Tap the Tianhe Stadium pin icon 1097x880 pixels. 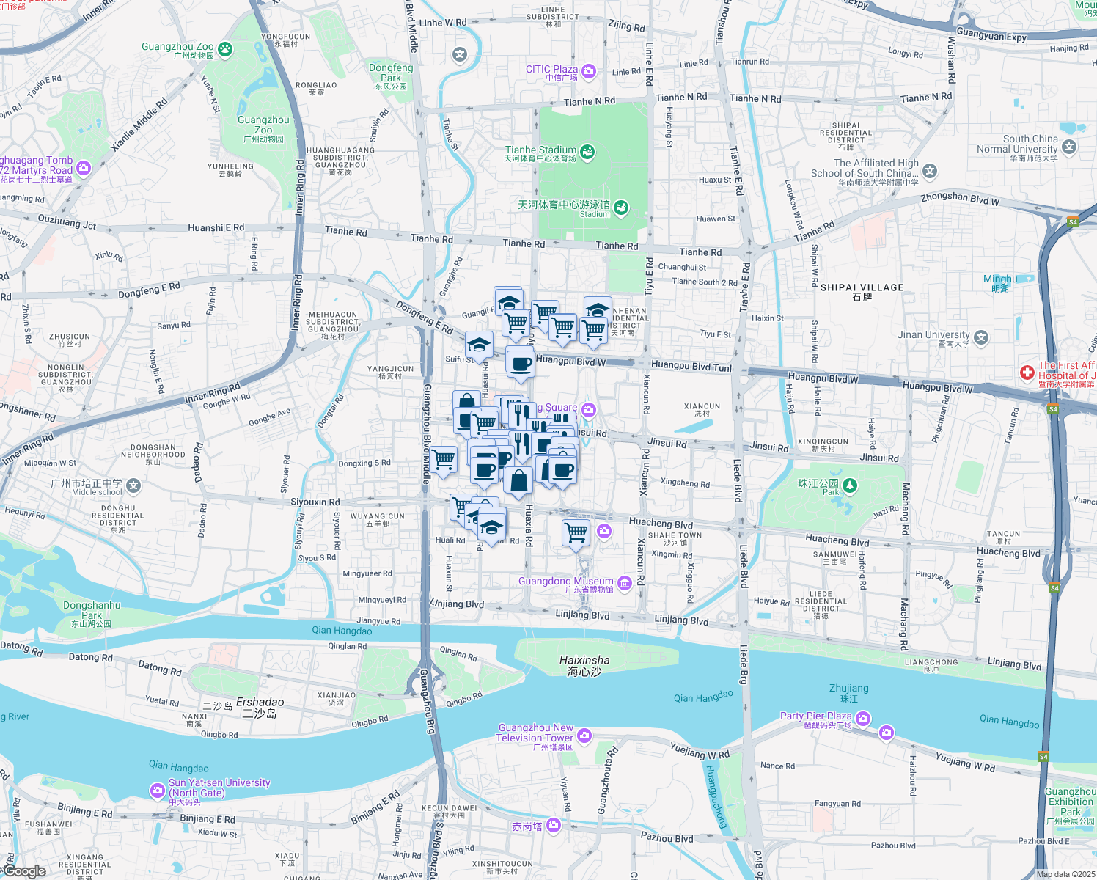click(587, 152)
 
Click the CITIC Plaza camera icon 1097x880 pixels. click(588, 71)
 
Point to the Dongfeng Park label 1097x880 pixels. click(391, 73)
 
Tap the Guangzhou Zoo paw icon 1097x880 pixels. click(225, 49)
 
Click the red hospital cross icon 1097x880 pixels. click(1027, 373)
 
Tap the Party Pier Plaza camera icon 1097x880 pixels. click(863, 718)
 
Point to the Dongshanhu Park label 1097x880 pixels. click(92, 610)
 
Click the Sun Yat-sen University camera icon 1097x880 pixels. click(157, 790)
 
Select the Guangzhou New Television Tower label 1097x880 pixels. click(535, 733)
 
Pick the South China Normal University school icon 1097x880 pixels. click(1069, 147)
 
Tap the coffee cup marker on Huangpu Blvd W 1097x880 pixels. click(521, 363)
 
